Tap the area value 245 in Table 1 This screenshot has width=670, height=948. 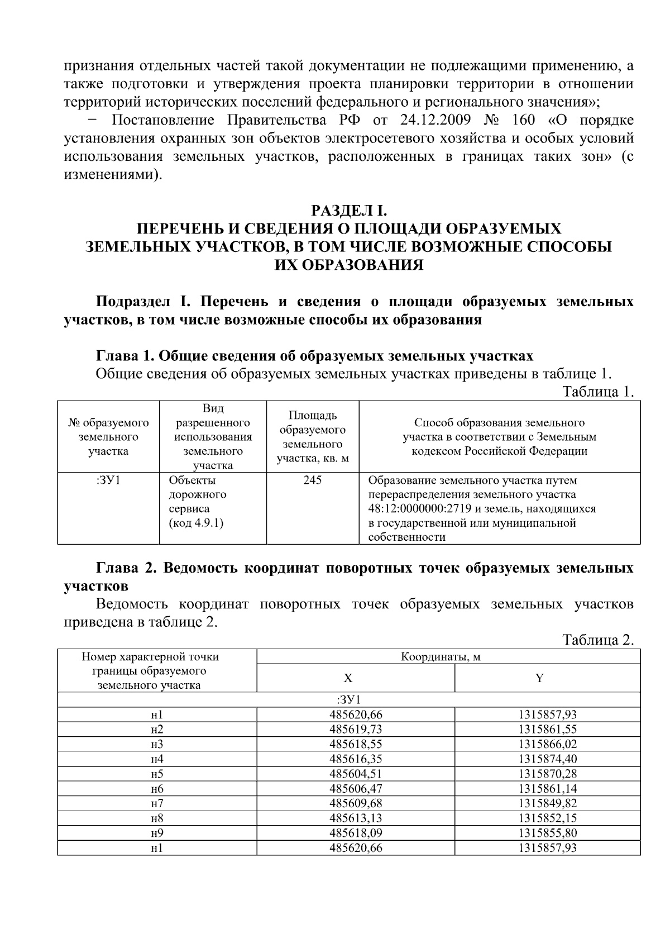coord(312,480)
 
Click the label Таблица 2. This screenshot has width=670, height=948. coord(598,640)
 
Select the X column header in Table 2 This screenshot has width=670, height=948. coord(348,678)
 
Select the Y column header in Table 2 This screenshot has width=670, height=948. coord(539,678)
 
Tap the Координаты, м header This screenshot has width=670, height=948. coord(441,656)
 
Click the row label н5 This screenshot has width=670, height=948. coord(157,774)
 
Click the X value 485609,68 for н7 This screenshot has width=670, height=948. coord(356,803)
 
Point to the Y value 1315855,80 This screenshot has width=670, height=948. coord(547,833)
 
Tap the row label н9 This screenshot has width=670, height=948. coord(157,833)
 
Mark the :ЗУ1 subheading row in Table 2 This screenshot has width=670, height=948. coord(349,699)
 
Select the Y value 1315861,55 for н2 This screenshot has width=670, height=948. coord(547,729)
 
